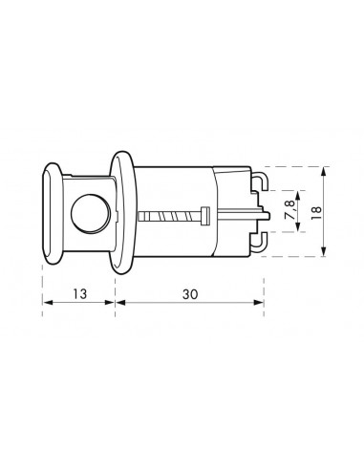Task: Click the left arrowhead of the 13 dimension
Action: tap(45, 305)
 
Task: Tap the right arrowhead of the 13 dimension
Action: tap(114, 305)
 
